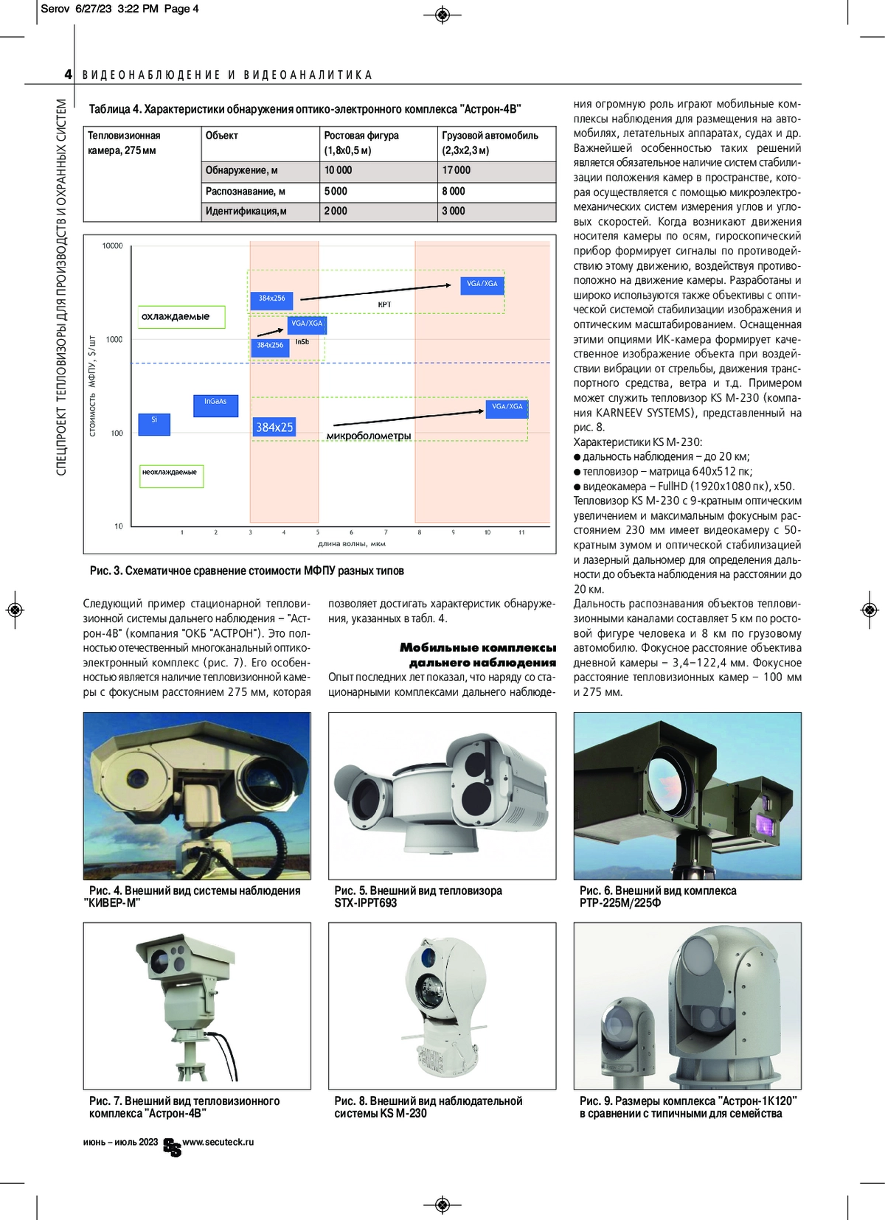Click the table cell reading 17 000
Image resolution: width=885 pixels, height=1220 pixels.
click(x=457, y=170)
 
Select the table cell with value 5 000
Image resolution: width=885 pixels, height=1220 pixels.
click(x=336, y=191)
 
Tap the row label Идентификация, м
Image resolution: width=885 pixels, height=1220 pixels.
click(x=246, y=212)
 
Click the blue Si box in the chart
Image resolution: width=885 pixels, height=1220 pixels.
click(x=154, y=423)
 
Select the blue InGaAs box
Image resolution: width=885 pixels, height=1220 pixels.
click(x=215, y=405)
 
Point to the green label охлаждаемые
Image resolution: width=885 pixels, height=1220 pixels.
click(x=176, y=317)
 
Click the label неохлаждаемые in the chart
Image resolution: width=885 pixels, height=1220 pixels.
click(x=170, y=473)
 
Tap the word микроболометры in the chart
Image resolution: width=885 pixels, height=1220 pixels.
click(x=369, y=436)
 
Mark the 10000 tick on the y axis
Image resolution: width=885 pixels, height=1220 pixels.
click(x=112, y=246)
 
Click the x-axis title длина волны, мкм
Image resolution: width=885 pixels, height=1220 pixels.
click(x=352, y=544)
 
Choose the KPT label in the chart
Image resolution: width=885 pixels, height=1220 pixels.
click(x=384, y=304)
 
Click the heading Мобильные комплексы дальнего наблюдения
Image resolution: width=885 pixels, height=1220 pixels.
click(x=478, y=655)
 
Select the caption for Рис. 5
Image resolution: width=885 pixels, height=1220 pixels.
click(x=418, y=896)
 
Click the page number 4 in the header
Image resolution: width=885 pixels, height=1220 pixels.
click(x=69, y=74)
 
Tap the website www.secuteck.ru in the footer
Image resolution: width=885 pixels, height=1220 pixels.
click(x=218, y=1142)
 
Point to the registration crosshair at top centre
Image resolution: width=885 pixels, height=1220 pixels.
click(x=442, y=14)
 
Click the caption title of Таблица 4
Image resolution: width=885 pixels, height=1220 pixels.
click(x=305, y=109)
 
